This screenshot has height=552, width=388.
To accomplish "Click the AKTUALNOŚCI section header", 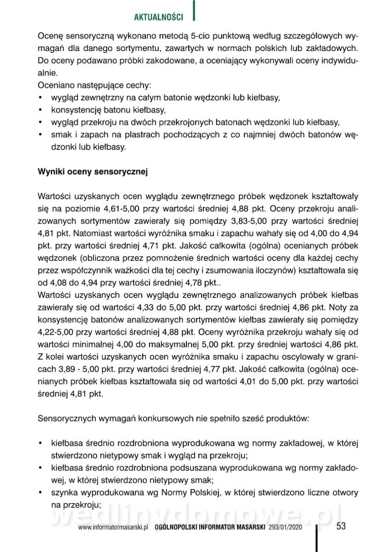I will (158, 17).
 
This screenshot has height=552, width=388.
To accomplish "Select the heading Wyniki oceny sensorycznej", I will (92, 172).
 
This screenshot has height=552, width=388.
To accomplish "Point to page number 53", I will (341, 526).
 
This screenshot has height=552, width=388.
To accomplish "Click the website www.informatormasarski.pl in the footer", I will (112, 529).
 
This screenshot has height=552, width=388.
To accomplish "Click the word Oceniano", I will (54, 85).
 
